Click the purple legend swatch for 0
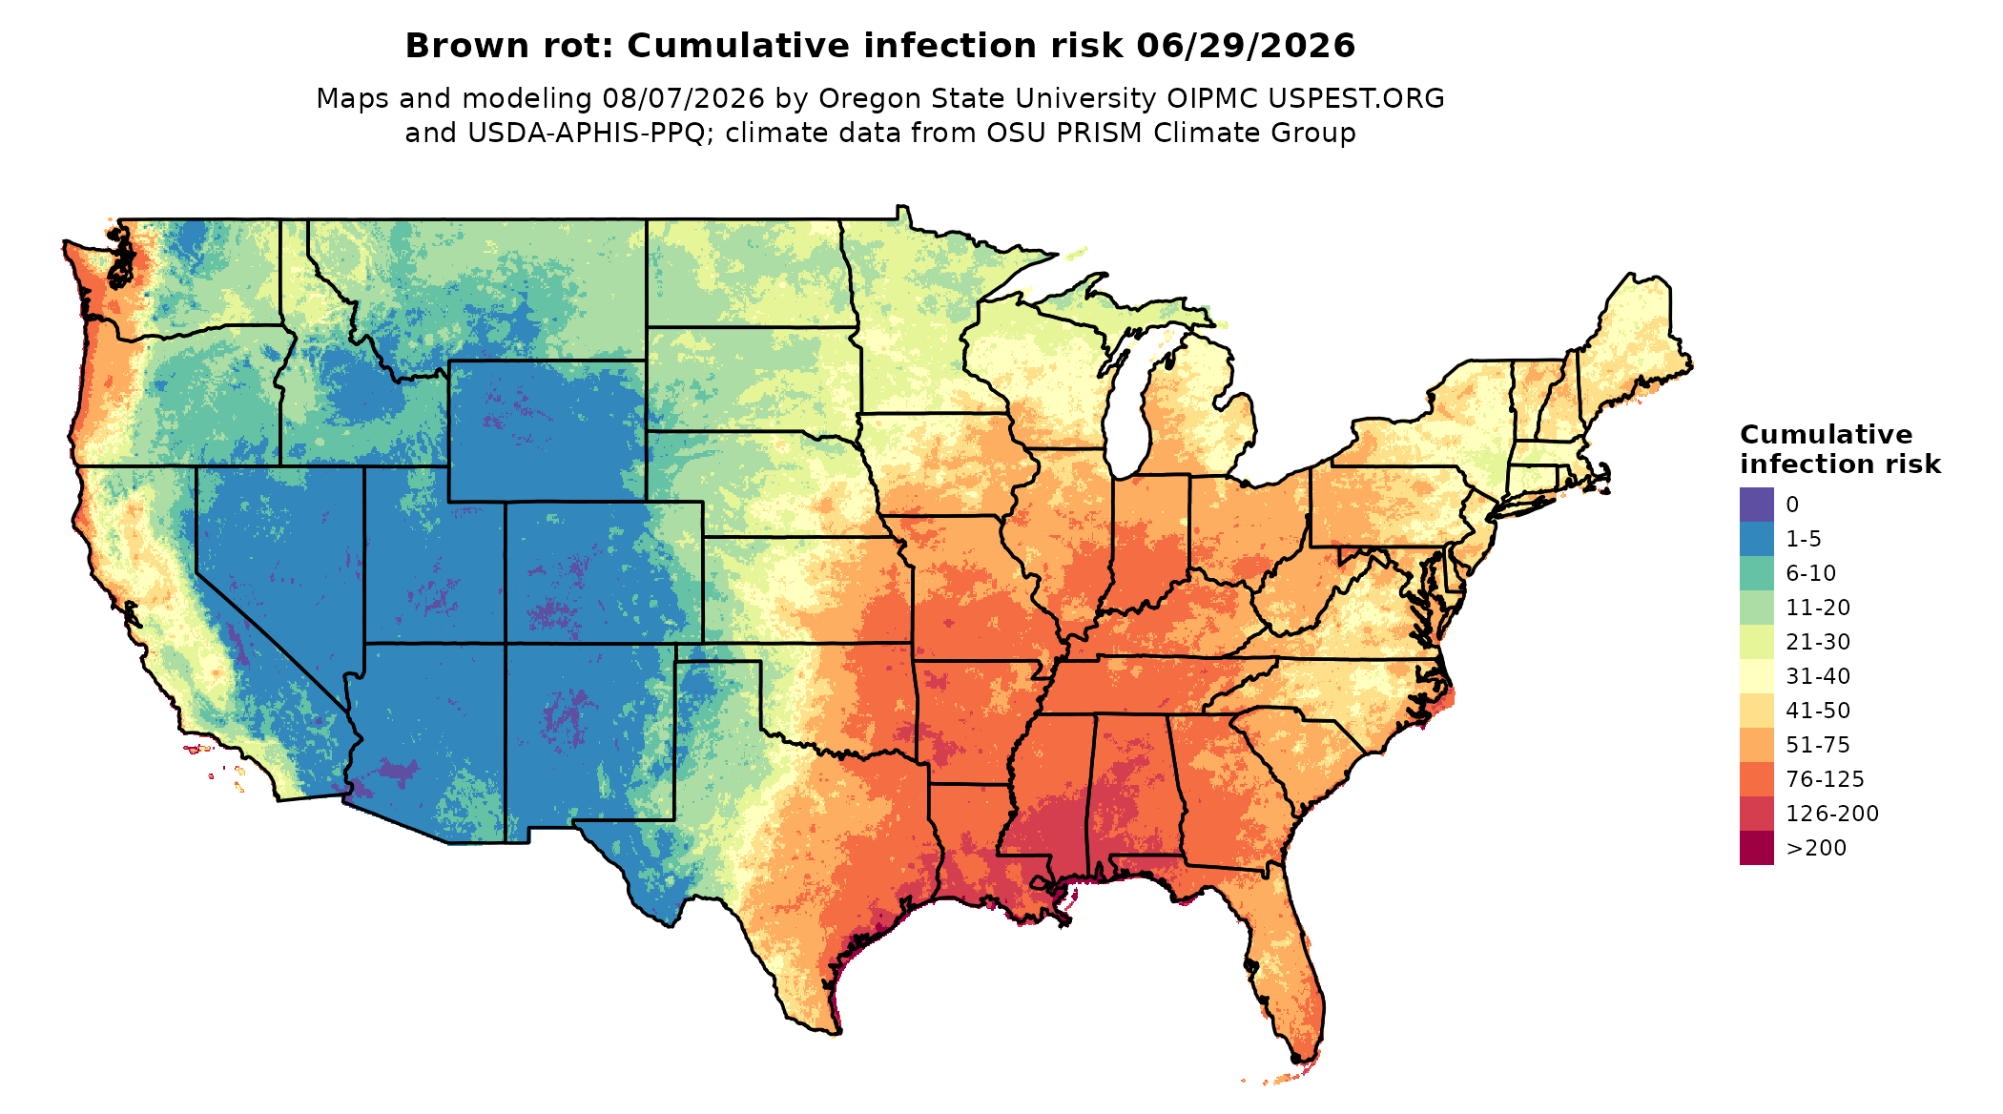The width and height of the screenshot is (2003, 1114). (1756, 505)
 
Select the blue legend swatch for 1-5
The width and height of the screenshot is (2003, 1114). (1756, 539)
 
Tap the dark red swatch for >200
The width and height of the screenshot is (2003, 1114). (1756, 848)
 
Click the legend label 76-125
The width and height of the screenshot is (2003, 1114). (1825, 779)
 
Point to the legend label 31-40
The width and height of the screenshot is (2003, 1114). (1818, 676)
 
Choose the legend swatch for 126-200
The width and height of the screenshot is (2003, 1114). (1756, 814)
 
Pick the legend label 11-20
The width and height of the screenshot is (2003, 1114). (1818, 608)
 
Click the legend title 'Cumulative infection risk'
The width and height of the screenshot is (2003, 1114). (1840, 449)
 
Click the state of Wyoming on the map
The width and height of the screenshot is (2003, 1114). (547, 431)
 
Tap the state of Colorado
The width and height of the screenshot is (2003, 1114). (604, 572)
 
